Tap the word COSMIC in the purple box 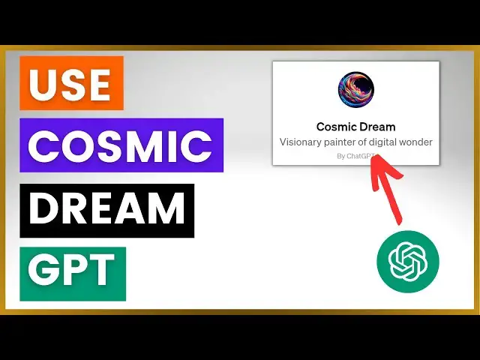[x=121, y=145]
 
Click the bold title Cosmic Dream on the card [x=355, y=127]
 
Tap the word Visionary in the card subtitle [x=303, y=142]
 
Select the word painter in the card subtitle [x=349, y=142]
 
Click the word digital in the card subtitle [x=393, y=142]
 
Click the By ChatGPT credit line [x=355, y=156]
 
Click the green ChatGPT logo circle [x=407, y=262]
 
